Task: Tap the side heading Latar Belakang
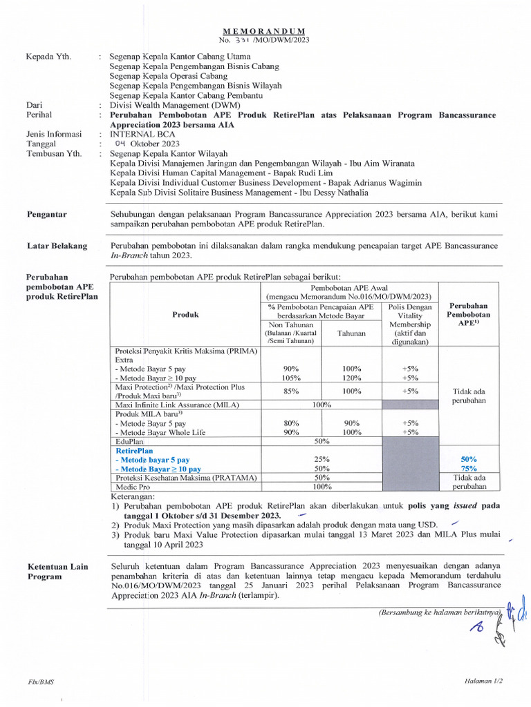[57, 246]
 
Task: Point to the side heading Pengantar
[47, 215]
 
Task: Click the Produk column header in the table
[185, 314]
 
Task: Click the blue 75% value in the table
[469, 469]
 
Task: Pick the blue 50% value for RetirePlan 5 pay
[469, 459]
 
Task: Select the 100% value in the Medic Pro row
[321, 487]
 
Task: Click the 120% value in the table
[352, 378]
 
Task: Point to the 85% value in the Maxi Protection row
[291, 391]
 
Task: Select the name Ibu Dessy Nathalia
[336, 193]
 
